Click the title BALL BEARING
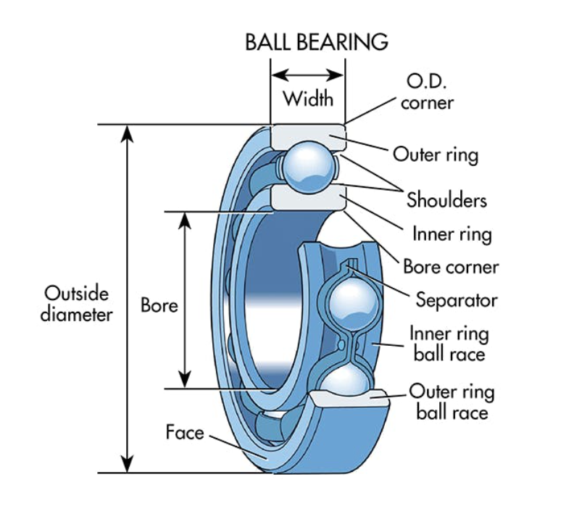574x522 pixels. [316, 41]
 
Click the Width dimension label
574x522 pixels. [308, 98]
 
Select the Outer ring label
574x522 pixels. [435, 154]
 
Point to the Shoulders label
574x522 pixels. [446, 199]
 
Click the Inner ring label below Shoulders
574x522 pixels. [452, 234]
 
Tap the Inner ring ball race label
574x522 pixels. [449, 344]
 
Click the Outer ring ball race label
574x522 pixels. [452, 402]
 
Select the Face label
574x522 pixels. [185, 433]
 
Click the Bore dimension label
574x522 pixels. [159, 305]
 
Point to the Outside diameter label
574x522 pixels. [76, 304]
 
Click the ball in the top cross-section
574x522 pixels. [308, 165]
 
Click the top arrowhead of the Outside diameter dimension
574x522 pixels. [128, 132]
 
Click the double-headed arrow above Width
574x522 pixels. [308, 75]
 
